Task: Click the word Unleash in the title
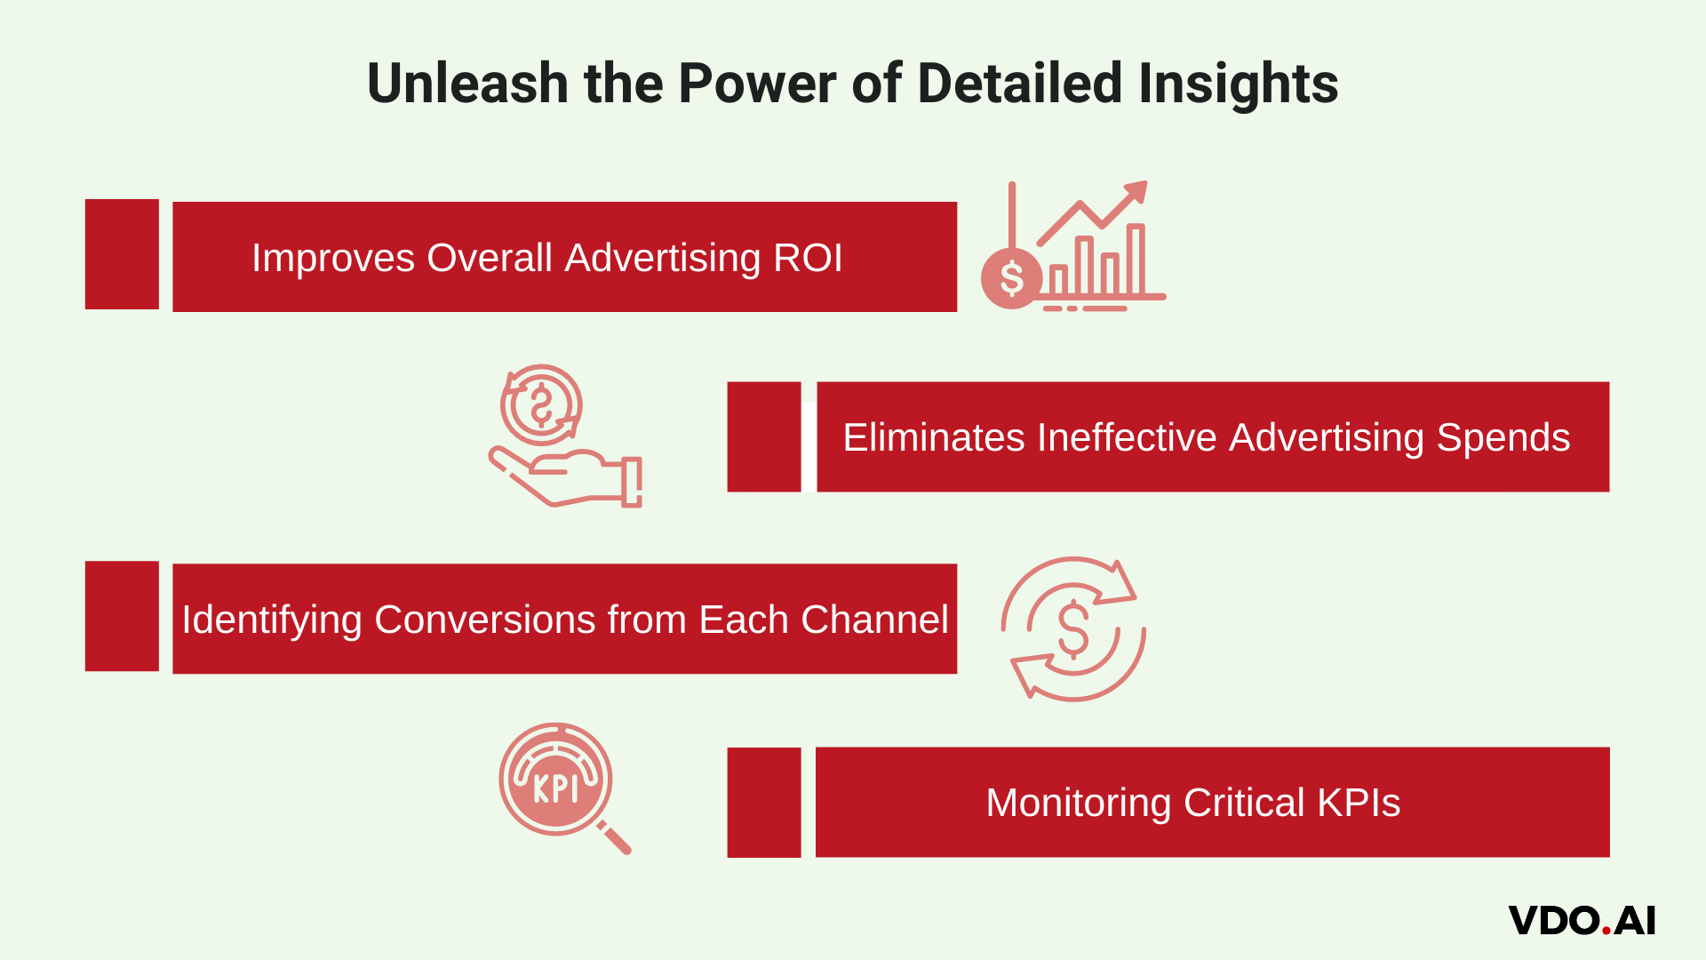467,84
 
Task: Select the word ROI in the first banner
808,258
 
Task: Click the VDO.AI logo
1582,921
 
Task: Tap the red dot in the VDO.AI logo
1606,931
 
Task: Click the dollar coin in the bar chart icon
1011,279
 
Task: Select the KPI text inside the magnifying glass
555,788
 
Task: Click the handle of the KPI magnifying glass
615,837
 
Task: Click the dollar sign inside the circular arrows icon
1073,629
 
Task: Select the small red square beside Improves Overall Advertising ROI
122,254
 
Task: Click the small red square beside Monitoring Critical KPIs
764,803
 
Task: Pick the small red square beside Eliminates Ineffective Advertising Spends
764,437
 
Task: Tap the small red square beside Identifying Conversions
122,616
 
